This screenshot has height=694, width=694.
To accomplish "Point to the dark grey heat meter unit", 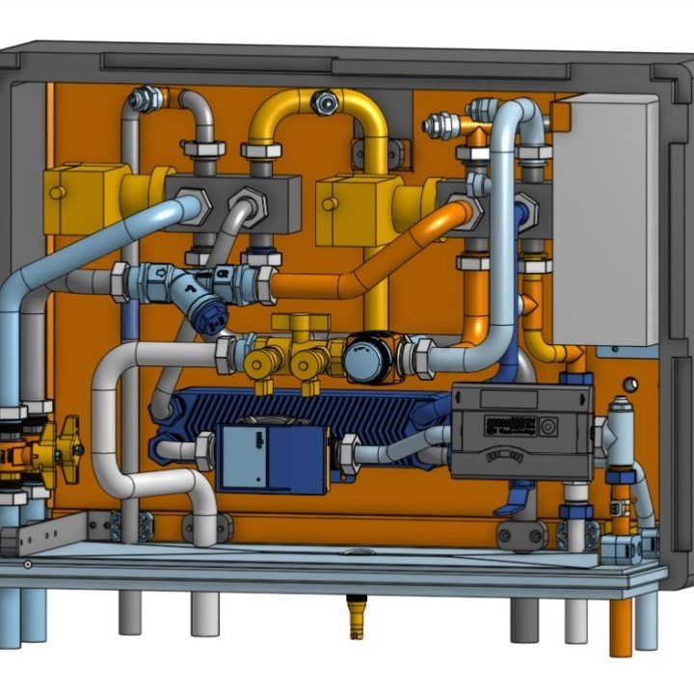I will (x=520, y=429).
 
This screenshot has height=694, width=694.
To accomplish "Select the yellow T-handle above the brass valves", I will (x=300, y=322).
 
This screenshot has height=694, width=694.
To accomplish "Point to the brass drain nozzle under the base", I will (x=354, y=616).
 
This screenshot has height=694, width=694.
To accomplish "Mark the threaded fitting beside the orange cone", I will (x=443, y=124).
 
